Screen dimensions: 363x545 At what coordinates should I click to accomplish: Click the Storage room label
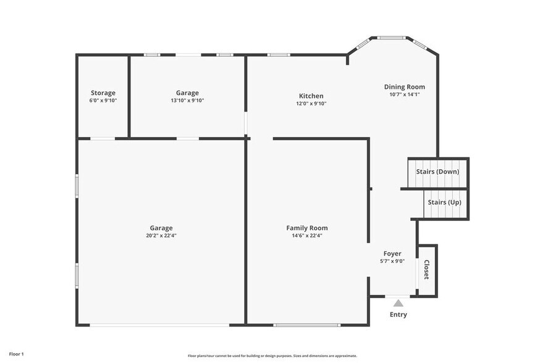click(103, 93)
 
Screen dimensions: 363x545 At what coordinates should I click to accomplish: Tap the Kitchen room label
click(311, 96)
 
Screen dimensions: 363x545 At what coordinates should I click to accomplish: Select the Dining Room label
click(404, 87)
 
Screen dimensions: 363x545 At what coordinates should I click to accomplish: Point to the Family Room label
click(306, 228)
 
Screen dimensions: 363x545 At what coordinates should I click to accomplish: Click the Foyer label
click(392, 253)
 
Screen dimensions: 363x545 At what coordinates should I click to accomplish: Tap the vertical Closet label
click(426, 270)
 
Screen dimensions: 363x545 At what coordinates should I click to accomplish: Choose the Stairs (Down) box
click(437, 172)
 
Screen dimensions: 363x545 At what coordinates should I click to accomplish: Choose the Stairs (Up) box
click(444, 202)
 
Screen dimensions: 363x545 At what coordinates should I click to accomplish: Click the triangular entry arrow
click(399, 303)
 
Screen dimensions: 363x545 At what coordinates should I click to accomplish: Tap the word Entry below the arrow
click(399, 315)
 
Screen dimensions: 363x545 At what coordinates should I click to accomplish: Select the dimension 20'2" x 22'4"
click(161, 235)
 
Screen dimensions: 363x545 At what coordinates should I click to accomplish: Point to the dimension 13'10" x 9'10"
click(187, 101)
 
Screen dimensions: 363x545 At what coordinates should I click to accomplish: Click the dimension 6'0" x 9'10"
click(103, 101)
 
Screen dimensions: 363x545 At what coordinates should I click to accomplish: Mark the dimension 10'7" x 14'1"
click(404, 94)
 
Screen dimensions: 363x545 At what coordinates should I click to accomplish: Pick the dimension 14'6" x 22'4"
click(306, 235)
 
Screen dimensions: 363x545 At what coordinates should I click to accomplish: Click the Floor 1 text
click(17, 354)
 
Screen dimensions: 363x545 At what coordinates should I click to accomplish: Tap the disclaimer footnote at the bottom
click(272, 356)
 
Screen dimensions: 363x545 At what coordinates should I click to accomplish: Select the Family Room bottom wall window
click(306, 325)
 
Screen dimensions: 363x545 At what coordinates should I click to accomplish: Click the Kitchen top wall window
click(279, 55)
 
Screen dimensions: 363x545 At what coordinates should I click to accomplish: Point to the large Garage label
click(161, 228)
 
